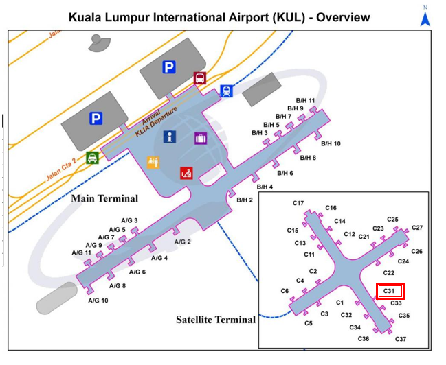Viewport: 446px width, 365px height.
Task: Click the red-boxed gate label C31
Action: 390,291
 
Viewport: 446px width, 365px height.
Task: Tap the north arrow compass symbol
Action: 425,17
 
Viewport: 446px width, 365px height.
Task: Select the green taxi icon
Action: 92,158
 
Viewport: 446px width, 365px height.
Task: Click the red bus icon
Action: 200,78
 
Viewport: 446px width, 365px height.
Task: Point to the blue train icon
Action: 226,91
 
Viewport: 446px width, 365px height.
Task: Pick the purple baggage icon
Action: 200,139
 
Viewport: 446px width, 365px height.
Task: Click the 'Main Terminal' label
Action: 104,199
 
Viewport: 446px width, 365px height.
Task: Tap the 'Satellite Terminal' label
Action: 215,320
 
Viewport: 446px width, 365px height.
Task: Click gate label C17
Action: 298,203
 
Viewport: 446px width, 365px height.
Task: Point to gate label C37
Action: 401,339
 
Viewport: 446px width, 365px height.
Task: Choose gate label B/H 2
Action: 245,200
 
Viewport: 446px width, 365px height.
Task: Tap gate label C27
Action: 417,228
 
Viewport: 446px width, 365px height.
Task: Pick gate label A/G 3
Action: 129,220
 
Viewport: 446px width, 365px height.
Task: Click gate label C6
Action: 285,291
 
